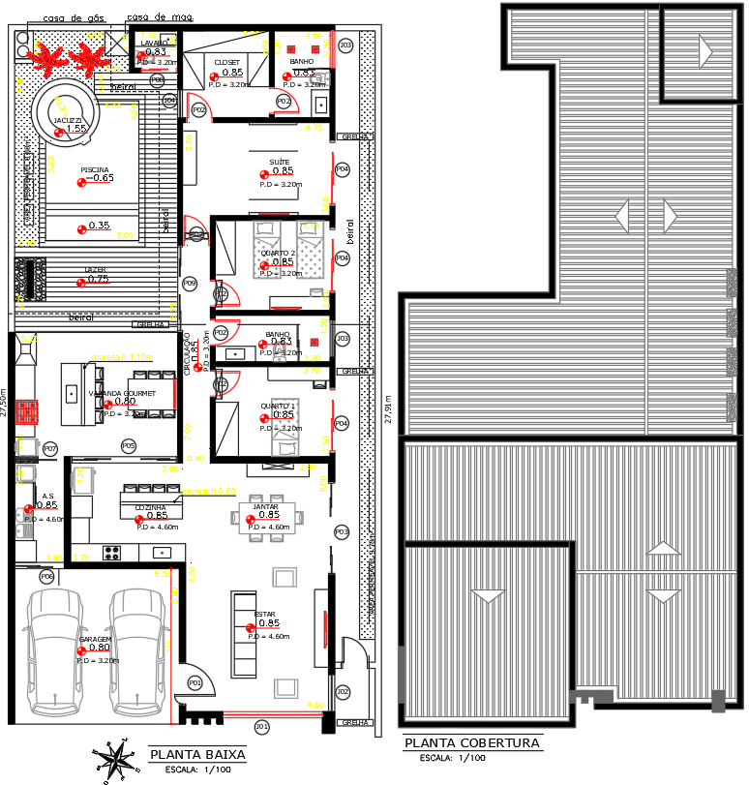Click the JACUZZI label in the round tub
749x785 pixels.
point(69,120)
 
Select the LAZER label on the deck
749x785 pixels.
point(96,271)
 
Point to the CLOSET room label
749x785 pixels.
point(227,62)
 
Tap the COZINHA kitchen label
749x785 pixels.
point(150,507)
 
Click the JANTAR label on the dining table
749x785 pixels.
point(266,506)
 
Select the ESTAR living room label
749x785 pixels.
point(265,615)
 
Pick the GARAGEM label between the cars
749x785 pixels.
point(96,640)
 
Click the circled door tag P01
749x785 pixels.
point(195,682)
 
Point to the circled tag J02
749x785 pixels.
point(343,691)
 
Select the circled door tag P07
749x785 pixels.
point(50,448)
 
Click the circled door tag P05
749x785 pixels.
point(128,445)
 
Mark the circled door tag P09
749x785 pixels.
point(190,283)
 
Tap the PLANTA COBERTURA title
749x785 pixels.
point(471,742)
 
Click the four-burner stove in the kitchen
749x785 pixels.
point(111,553)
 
